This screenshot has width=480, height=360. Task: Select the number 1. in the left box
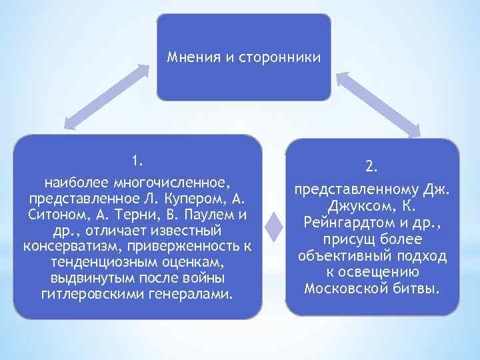tap(137, 161)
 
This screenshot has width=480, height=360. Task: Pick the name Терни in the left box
tap(141, 215)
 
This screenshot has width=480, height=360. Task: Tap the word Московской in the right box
tap(348, 289)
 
